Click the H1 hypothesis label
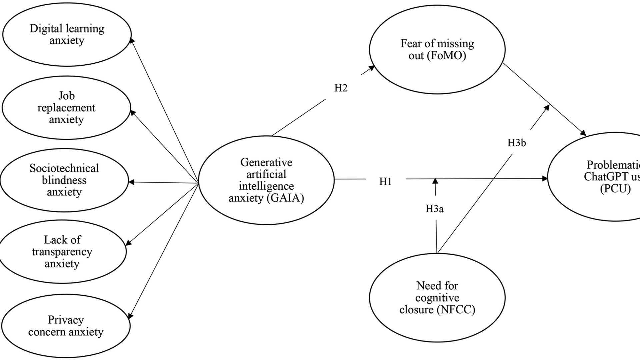385,181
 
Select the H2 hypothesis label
341,88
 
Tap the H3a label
434,209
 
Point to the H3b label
516,143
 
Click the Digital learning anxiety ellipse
67,34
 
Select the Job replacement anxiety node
66,107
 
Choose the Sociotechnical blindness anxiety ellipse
64,180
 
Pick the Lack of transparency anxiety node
62,252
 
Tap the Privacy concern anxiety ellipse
66,326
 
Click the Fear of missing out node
437,49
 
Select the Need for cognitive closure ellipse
437,297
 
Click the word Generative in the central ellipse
266,162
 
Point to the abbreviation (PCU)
615,189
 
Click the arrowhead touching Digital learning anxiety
132,40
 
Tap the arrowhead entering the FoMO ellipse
371,68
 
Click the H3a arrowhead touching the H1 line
435,181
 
